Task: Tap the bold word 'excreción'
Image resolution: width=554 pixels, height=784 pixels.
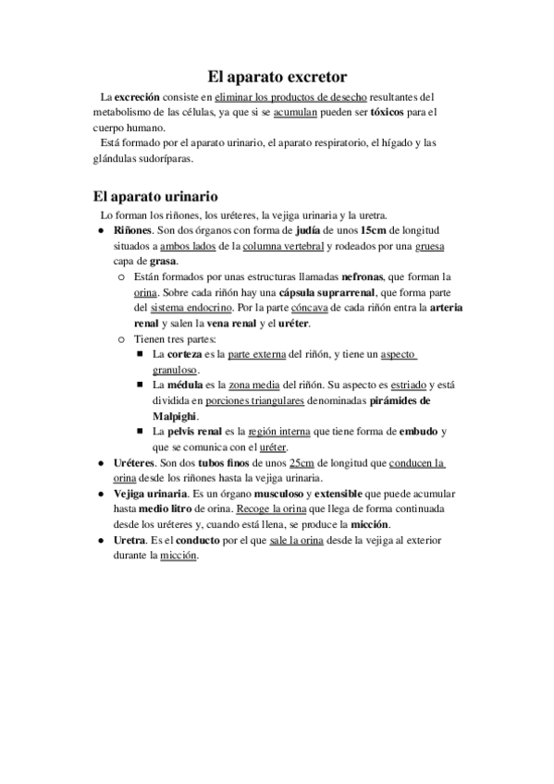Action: point(137,96)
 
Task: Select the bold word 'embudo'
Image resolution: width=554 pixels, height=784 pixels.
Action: point(417,432)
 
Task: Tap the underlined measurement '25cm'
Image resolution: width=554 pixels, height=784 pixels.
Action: point(302,463)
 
